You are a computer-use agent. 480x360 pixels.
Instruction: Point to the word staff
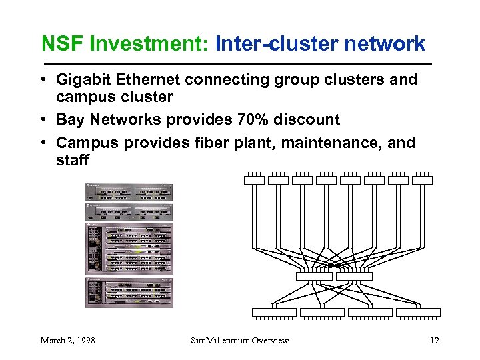(72, 161)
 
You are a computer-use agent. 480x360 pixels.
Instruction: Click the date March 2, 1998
(67, 341)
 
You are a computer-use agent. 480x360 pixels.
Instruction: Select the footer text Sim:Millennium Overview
(240, 341)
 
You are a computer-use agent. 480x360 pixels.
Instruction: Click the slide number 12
(435, 341)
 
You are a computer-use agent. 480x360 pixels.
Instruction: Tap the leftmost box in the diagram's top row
(254, 179)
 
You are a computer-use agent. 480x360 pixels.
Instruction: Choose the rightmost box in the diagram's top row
(422, 179)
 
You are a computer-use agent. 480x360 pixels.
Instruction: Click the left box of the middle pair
(314, 276)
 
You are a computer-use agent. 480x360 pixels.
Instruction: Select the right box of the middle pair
(354, 276)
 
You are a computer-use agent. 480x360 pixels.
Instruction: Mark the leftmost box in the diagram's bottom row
(273, 312)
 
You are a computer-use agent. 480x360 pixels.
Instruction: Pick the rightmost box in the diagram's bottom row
(418, 312)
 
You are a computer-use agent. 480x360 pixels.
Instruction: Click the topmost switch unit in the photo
(129, 192)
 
